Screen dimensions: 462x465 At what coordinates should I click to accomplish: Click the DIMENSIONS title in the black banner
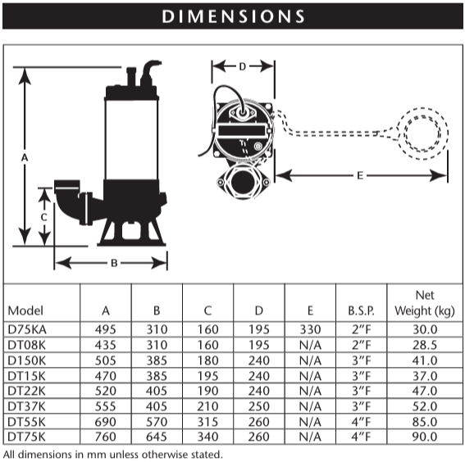(x=233, y=16)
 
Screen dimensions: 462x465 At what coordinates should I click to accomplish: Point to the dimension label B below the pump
(x=114, y=263)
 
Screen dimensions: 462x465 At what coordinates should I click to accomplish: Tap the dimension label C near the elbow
(x=43, y=216)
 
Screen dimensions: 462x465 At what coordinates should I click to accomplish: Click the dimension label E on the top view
(x=360, y=174)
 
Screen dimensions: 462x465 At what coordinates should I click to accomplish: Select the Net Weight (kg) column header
(x=424, y=302)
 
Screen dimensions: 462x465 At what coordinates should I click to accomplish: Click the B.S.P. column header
(x=361, y=310)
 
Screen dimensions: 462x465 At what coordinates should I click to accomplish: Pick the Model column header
(x=25, y=310)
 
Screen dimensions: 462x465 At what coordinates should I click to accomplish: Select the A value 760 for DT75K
(x=105, y=437)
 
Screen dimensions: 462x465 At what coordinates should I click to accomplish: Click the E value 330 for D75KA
(x=310, y=329)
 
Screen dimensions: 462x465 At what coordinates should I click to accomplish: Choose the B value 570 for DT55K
(x=157, y=421)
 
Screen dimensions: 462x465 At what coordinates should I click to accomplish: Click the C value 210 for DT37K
(x=207, y=406)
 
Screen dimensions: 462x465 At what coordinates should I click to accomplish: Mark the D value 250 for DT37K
(x=259, y=406)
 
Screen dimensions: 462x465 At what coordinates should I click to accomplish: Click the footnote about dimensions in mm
(x=113, y=454)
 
